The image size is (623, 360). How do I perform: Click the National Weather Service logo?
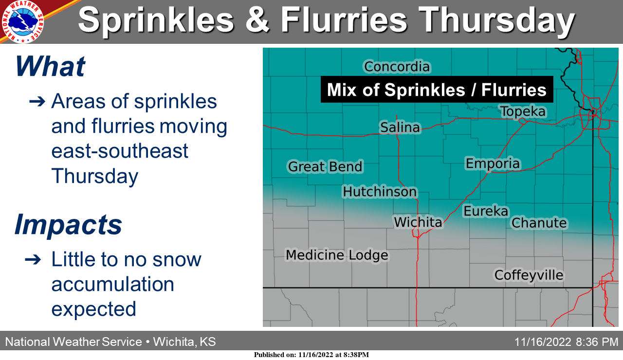(x=22, y=22)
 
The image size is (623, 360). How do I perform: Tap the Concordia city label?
(x=397, y=67)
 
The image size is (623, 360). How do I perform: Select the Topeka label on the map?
(x=523, y=112)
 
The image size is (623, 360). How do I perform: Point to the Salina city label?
(x=400, y=127)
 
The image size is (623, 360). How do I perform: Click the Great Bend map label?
(x=325, y=166)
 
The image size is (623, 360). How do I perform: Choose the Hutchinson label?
(x=380, y=192)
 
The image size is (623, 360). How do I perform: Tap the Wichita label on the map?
(x=418, y=222)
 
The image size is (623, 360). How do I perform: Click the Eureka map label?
(x=486, y=211)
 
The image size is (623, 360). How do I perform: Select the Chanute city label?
(x=539, y=223)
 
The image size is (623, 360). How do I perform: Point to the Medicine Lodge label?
(x=337, y=255)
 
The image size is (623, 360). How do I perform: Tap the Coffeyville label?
(x=529, y=275)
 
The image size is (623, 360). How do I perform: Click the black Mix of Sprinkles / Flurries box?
(x=437, y=90)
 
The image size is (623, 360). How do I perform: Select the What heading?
(x=50, y=66)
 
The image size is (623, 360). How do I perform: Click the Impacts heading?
(x=68, y=225)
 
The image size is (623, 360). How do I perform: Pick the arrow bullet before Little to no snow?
(x=33, y=260)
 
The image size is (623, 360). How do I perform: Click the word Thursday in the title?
(x=496, y=21)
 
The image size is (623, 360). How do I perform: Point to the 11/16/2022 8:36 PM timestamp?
(x=566, y=342)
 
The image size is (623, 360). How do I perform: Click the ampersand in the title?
(x=257, y=20)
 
